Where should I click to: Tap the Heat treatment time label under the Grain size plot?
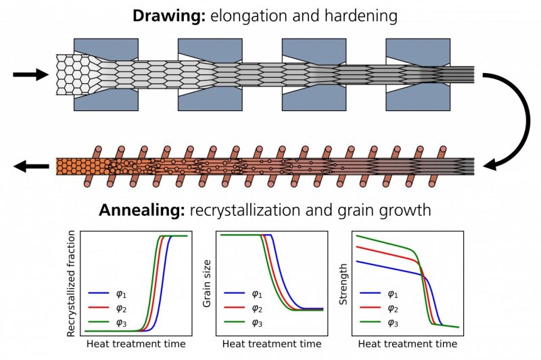(x=272, y=344)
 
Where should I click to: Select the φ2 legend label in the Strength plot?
(x=393, y=309)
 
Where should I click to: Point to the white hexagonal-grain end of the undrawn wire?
(x=71, y=74)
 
